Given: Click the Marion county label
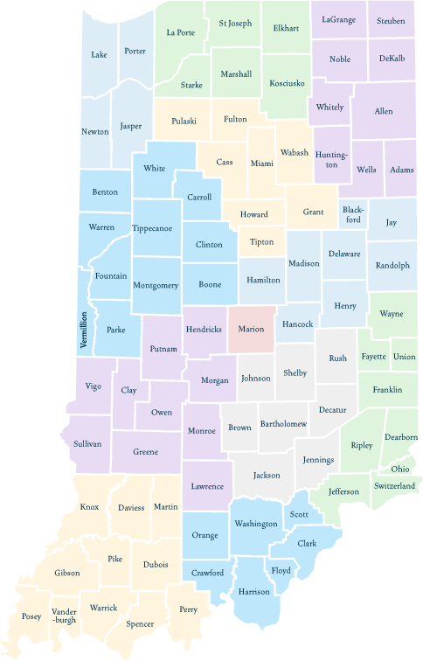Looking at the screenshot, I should click(x=251, y=330).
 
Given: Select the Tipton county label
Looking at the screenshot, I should click(x=261, y=241).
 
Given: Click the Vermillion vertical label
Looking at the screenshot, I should click(x=84, y=330).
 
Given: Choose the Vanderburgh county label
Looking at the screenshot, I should click(x=64, y=616).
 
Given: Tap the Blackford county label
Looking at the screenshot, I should click(x=351, y=214).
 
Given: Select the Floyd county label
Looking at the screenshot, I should click(x=281, y=571).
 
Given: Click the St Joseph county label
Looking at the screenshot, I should click(x=234, y=23).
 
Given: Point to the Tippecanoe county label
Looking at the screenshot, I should click(x=156, y=227).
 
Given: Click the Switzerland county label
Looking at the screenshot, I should click(x=394, y=485).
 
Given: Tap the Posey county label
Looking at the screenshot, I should click(x=31, y=616).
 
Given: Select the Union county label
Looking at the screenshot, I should click(x=403, y=356).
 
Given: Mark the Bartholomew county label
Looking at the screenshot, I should click(x=283, y=423).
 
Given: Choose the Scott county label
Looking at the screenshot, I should click(x=300, y=515).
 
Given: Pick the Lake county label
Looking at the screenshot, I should click(x=99, y=54).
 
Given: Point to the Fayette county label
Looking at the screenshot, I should click(x=373, y=357).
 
